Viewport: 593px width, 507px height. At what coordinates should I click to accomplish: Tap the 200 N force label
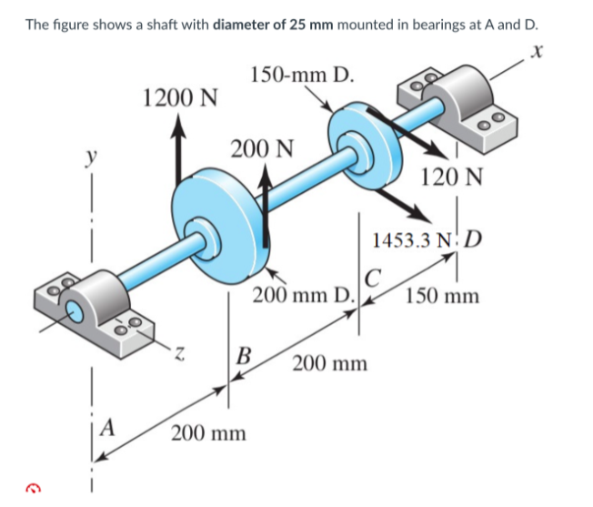(x=262, y=147)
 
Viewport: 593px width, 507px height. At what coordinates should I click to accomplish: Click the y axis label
(x=91, y=157)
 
